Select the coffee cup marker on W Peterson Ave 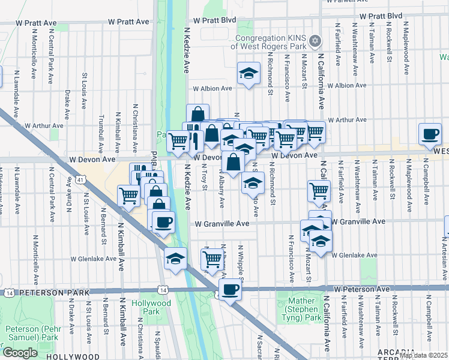229,290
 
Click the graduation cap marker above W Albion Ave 247,73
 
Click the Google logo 20,352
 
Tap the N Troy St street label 205,181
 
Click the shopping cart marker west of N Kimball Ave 128,195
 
